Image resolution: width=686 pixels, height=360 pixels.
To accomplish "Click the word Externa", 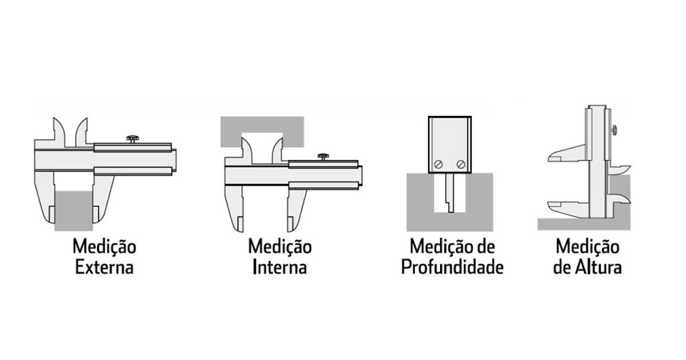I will point(104,267).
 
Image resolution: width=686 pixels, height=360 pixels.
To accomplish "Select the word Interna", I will point(280,267).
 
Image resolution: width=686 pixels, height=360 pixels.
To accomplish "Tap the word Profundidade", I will point(452,267).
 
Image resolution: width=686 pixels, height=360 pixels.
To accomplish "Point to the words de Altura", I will point(587,267).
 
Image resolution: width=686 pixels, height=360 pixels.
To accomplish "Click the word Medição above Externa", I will point(104,247).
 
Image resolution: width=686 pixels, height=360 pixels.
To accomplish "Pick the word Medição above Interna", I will point(280,247).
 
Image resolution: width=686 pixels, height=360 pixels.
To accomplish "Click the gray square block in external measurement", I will point(74,210).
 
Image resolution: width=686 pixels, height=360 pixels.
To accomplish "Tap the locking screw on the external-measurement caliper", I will point(133,138).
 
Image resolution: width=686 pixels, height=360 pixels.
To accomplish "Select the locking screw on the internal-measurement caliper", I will point(324,156).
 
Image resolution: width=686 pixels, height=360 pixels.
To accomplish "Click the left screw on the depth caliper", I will point(438,164).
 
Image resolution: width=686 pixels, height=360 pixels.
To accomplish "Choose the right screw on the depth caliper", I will point(461,164).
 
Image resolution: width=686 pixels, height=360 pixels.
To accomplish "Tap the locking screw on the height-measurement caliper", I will point(613,130).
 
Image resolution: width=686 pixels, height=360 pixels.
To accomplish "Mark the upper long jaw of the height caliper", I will point(566,155).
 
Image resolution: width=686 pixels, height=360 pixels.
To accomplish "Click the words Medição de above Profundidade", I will point(452,247).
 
